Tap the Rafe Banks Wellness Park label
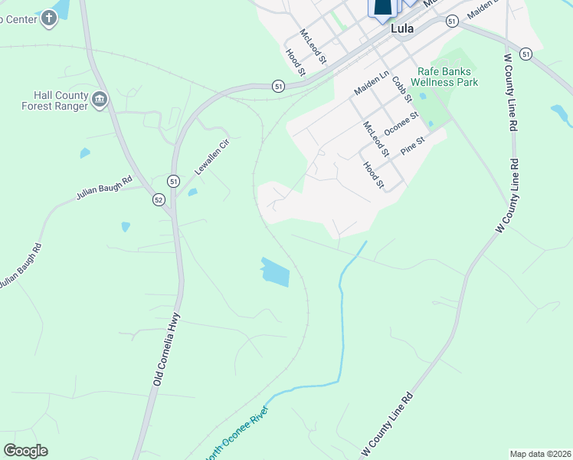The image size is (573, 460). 447,77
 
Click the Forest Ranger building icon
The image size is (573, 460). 100,99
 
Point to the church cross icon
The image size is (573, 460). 49,18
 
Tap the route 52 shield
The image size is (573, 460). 159,200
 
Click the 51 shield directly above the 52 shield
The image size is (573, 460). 174,182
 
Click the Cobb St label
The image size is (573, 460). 401,88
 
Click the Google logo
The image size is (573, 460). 25,451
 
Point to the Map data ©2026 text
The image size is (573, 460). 539,454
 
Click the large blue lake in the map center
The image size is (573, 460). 276,272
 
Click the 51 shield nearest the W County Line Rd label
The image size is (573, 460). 526,53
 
